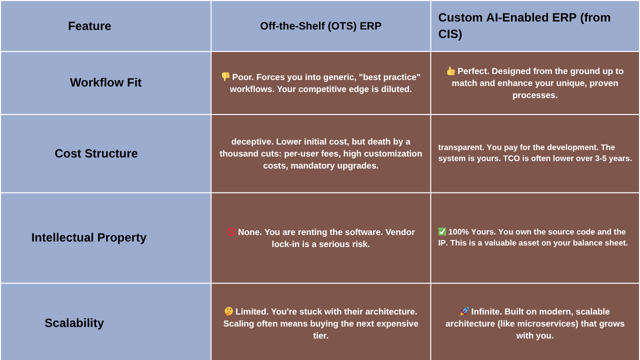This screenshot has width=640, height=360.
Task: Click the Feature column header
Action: (89, 26)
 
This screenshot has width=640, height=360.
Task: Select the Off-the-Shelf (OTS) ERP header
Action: (320, 26)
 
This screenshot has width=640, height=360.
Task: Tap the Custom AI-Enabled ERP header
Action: (524, 25)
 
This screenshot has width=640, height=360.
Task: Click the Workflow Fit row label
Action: (105, 82)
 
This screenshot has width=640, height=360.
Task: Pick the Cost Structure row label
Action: (96, 153)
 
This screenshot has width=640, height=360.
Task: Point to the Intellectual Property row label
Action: (89, 237)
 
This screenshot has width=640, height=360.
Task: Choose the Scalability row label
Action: (74, 323)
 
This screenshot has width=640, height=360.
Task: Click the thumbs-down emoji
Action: (225, 76)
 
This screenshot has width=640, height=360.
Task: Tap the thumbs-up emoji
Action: (450, 71)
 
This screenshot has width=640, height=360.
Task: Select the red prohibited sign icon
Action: (231, 231)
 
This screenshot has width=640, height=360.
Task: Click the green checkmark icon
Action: (442, 231)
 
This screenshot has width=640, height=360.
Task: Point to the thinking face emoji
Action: (228, 311)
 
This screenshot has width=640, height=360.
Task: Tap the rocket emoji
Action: (464, 311)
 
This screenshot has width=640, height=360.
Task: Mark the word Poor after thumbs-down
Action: (243, 77)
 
